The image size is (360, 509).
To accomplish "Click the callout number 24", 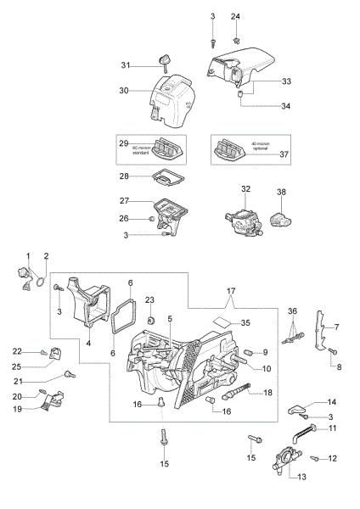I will pyautogui.click(x=236, y=17).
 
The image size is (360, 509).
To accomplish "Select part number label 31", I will pyautogui.click(x=124, y=65).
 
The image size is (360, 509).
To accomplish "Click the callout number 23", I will pyautogui.click(x=149, y=299).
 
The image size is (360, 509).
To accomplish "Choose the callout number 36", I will pyautogui.click(x=292, y=312).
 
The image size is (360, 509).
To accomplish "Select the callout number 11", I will pyautogui.click(x=333, y=428).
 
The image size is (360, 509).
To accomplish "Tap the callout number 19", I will pyautogui.click(x=16, y=408).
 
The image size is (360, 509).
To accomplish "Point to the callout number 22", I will pyautogui.click(x=17, y=351).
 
